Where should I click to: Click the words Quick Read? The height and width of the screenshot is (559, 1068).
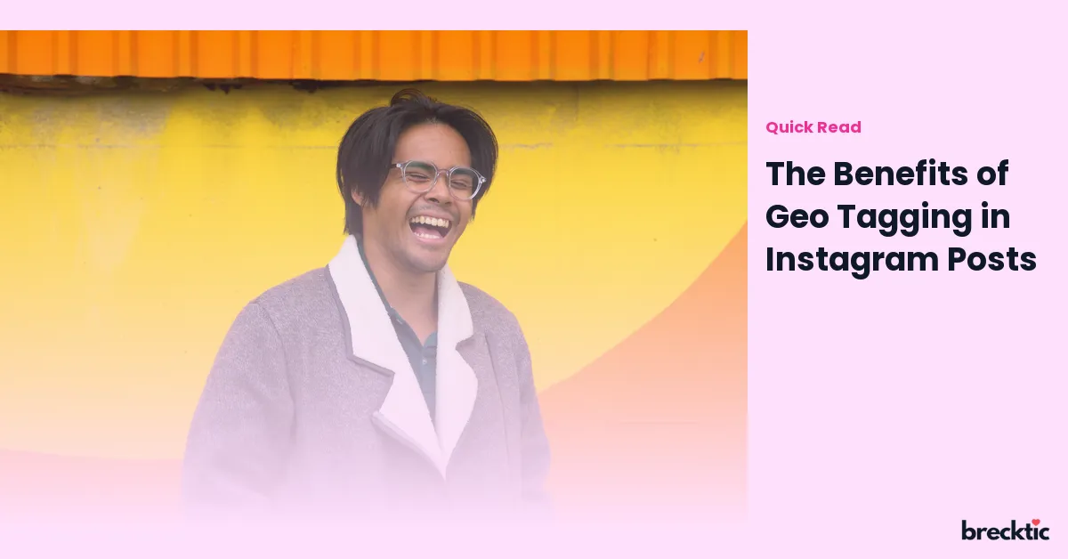point(813,127)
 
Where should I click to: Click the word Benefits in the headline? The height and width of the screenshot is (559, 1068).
point(901,174)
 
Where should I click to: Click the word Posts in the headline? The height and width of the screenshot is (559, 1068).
point(991,260)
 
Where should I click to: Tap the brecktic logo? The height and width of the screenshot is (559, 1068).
point(1005,530)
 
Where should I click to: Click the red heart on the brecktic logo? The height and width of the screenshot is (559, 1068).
point(1036,523)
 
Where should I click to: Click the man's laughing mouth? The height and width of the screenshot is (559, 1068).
point(430,227)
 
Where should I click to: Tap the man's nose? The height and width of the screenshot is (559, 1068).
point(439,195)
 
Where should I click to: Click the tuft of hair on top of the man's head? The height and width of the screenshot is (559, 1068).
point(406,97)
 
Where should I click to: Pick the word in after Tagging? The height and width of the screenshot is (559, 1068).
point(996,216)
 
